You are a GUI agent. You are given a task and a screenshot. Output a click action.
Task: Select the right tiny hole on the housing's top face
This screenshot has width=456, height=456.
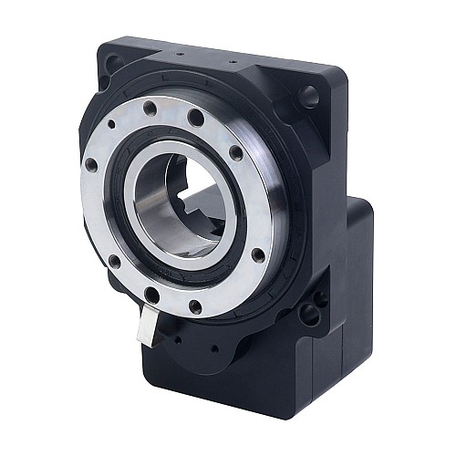point(240,65)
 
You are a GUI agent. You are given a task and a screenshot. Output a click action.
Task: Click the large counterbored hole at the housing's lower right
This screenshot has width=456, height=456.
point(308,315)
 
